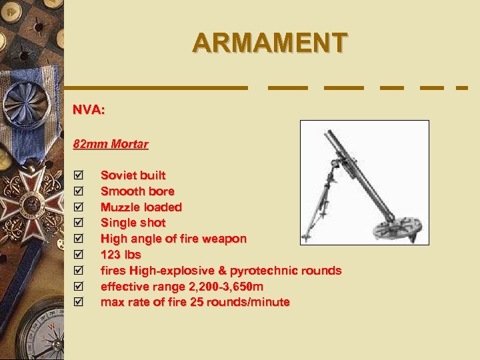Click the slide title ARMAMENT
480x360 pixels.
click(x=269, y=43)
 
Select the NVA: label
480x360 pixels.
click(x=89, y=110)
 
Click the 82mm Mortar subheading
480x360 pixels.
click(x=111, y=144)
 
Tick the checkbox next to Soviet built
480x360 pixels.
click(x=79, y=175)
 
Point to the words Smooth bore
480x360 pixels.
click(x=137, y=191)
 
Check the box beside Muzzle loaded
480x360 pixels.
click(x=79, y=207)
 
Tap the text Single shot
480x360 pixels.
click(x=133, y=223)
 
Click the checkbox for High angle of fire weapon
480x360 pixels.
click(x=79, y=239)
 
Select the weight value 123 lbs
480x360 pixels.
click(x=121, y=255)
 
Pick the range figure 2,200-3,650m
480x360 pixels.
click(x=215, y=287)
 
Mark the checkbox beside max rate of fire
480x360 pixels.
click(x=79, y=302)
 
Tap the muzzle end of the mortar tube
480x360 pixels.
click(x=329, y=133)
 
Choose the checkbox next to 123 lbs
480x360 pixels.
click(x=79, y=255)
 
